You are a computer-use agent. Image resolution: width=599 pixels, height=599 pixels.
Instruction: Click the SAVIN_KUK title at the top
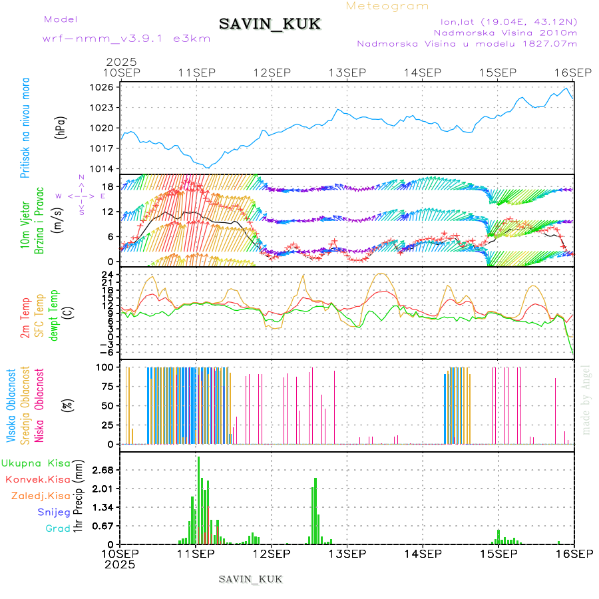click(270, 24)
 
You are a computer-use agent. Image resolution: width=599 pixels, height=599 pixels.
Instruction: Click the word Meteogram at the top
click(388, 6)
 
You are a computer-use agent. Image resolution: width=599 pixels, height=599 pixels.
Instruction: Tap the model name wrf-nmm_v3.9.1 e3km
click(126, 38)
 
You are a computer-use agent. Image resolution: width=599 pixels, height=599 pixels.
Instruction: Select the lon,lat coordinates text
click(504, 21)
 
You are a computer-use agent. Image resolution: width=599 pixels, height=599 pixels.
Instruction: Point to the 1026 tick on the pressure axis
click(105, 87)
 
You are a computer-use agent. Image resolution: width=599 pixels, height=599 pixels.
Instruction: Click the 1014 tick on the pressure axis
click(105, 168)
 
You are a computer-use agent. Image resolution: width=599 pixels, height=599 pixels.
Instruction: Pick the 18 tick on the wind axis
click(108, 186)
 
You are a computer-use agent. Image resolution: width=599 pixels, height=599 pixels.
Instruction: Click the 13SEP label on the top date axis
click(347, 73)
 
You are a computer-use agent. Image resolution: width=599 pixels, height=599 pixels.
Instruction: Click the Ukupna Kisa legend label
click(36, 463)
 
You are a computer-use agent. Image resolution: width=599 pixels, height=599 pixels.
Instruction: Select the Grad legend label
click(58, 528)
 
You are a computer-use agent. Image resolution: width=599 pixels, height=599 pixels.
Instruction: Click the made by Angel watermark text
click(586, 399)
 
